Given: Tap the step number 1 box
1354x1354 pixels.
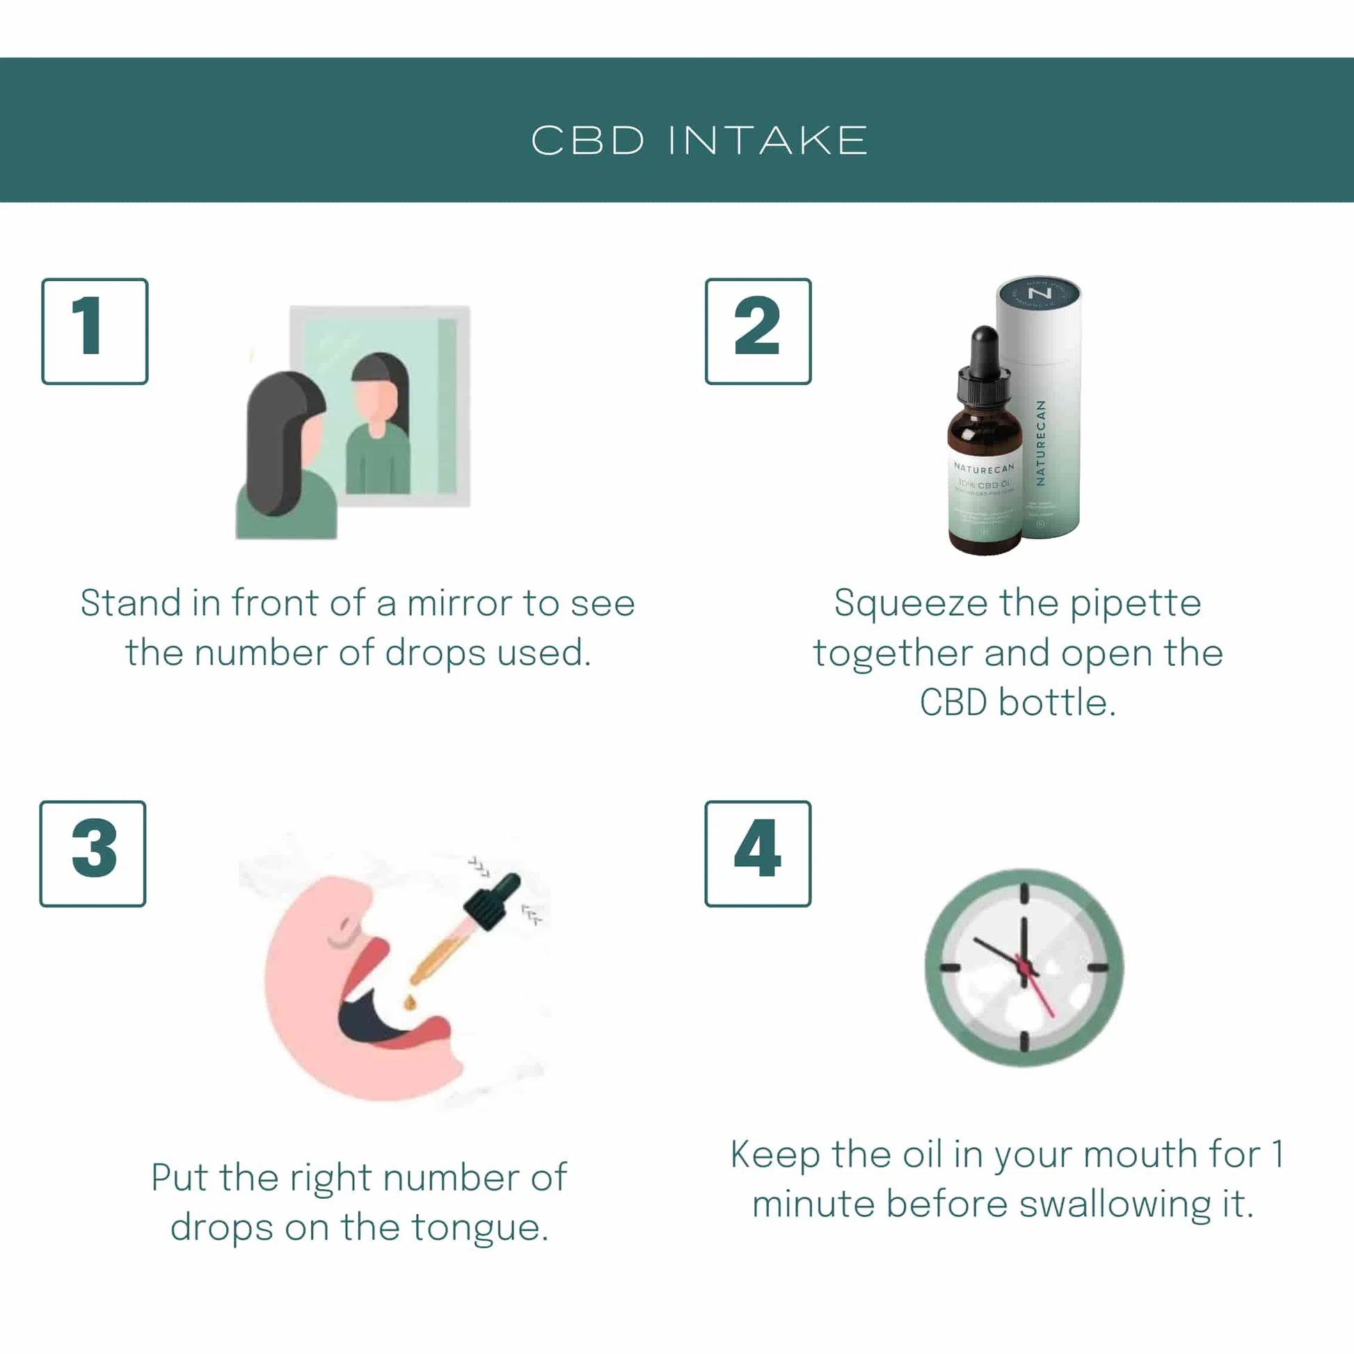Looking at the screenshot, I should pos(95,330).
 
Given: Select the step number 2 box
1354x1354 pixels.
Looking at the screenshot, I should pos(758,330).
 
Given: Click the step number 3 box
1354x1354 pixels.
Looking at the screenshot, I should pos(93,853).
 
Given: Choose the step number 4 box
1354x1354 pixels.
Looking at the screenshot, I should pos(758,853).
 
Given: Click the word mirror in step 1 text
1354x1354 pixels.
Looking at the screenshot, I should pos(459,603).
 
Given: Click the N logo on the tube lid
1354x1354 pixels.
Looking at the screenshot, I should pos(1039,293).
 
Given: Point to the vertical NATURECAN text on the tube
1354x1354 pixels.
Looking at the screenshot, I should pos(1041,443).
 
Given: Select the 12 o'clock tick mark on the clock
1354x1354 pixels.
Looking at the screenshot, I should pos(1024,893).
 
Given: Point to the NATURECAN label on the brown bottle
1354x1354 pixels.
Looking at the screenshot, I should pos(984,468).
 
